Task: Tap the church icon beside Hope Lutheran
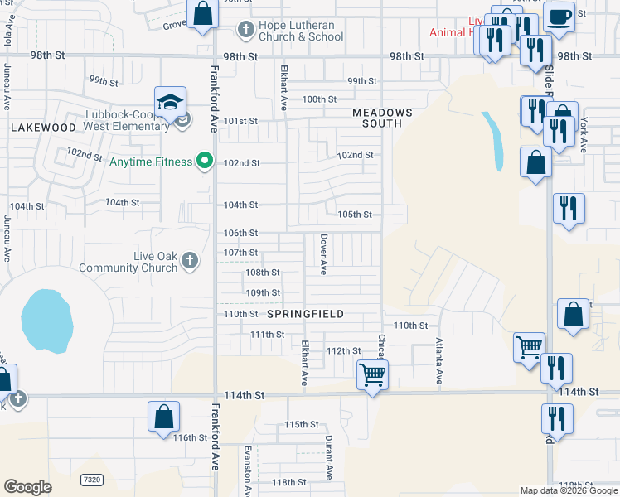[x=245, y=31]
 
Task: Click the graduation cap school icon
[x=169, y=103]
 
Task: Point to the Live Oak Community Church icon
[x=189, y=262]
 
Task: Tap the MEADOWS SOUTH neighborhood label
[x=381, y=118]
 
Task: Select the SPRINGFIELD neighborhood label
[x=305, y=314]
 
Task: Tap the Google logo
[x=27, y=487]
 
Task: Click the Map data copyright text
[x=569, y=490]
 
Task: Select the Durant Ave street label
[x=329, y=457]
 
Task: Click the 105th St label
[x=355, y=214]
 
